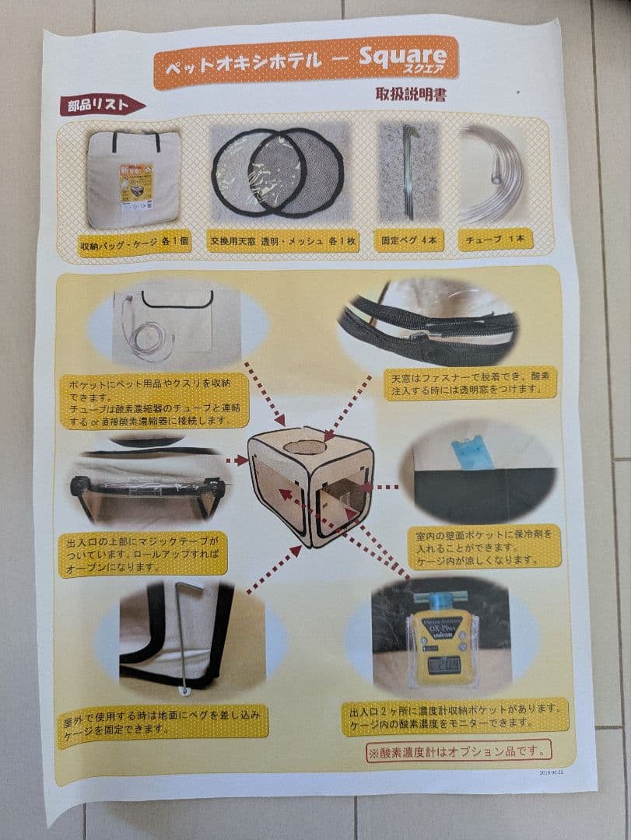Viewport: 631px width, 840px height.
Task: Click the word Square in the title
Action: (x=402, y=56)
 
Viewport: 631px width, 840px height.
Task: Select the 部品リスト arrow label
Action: (x=100, y=105)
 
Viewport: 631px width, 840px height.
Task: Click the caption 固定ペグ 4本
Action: (x=408, y=240)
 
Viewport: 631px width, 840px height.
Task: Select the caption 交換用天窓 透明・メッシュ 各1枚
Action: (x=282, y=242)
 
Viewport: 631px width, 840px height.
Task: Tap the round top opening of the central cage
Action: (x=304, y=447)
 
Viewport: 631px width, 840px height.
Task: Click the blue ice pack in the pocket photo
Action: (x=465, y=452)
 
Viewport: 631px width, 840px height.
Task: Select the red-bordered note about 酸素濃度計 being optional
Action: (x=459, y=751)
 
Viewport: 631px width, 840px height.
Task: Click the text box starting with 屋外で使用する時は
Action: (x=163, y=721)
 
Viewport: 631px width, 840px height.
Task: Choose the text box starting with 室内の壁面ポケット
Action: (x=483, y=547)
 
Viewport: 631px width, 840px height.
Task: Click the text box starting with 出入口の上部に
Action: (x=142, y=553)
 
